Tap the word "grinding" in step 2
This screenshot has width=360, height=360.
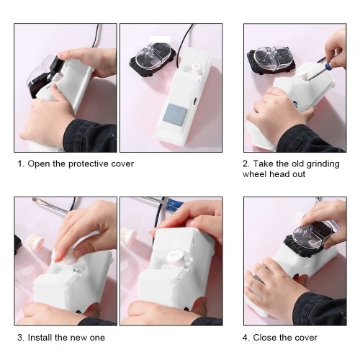tap(323, 164)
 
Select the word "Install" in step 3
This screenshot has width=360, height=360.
tap(40, 338)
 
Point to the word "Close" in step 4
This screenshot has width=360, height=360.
tap(265, 338)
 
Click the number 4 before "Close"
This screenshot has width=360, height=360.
tap(246, 338)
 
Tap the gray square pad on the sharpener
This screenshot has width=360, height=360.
tap(175, 113)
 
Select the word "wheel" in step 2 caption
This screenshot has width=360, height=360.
tap(254, 174)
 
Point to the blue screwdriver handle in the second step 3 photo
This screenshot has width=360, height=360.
tap(175, 204)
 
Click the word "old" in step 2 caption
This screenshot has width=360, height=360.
tap(298, 164)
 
